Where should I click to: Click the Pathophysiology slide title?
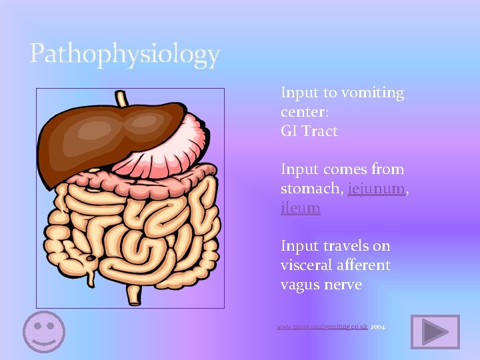[x=125, y=54]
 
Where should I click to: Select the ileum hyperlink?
[x=300, y=208]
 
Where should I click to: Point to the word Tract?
[x=320, y=131]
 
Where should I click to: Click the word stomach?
[x=311, y=189]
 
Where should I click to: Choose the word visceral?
[x=306, y=265]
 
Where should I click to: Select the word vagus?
[x=301, y=285]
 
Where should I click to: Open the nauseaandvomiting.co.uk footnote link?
[x=322, y=327]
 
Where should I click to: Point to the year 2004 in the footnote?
[x=377, y=327]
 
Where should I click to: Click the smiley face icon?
[x=44, y=331]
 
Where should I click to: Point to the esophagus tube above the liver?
[x=123, y=99]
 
